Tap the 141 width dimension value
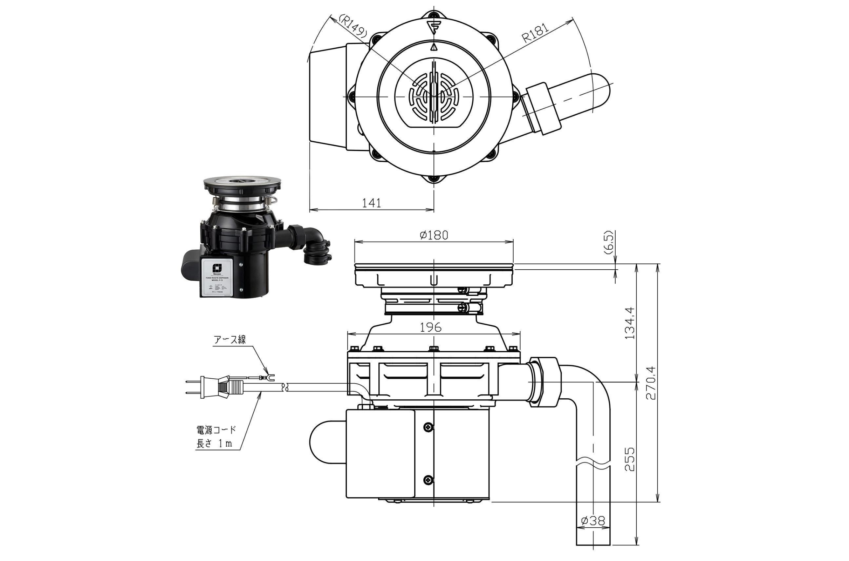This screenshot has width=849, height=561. [x=371, y=203]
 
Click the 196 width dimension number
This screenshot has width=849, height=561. [x=430, y=327]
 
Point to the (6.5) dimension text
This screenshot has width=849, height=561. [x=609, y=242]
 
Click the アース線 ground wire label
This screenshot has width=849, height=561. [x=230, y=339]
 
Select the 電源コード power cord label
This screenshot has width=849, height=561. [x=216, y=429]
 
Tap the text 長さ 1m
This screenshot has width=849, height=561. [x=214, y=444]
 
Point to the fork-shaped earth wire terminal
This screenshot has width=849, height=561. [x=270, y=377]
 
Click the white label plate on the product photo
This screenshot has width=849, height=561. [x=218, y=277]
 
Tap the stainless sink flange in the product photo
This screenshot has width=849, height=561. [x=242, y=183]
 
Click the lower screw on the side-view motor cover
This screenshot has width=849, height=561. [x=428, y=480]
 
